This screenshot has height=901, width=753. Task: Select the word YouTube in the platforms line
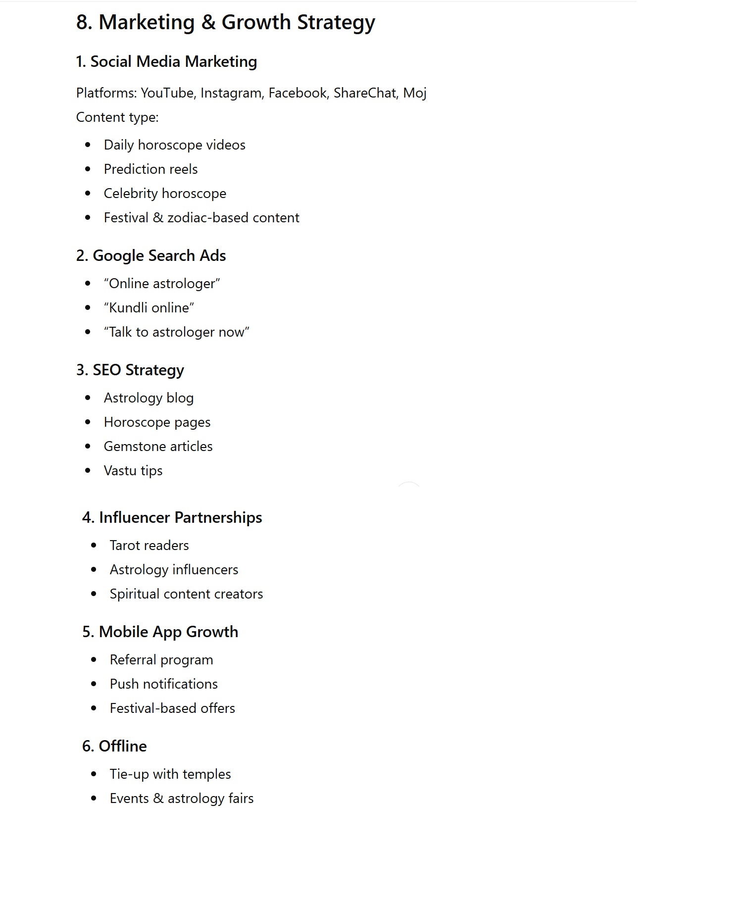tap(167, 93)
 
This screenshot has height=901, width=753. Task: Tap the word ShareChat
tap(365, 93)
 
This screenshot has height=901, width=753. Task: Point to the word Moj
tap(414, 93)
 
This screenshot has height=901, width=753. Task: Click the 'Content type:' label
tap(117, 117)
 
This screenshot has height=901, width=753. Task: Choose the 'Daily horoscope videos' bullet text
tap(174, 145)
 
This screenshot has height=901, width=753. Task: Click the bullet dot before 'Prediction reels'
tap(88, 169)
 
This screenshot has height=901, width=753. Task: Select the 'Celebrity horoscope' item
tap(165, 194)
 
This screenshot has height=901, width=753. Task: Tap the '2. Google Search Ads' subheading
tap(151, 256)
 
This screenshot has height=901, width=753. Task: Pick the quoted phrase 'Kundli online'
tap(149, 308)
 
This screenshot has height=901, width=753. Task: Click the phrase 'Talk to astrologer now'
tap(176, 332)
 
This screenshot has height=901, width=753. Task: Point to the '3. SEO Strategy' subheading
tap(130, 370)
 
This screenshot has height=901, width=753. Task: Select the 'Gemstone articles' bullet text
tap(158, 447)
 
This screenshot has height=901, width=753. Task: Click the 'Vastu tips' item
tap(133, 471)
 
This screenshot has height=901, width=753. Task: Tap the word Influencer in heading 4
tap(134, 518)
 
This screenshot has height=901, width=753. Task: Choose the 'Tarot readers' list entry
tap(149, 546)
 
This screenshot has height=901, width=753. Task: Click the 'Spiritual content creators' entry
tap(186, 594)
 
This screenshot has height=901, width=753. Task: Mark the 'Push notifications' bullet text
tap(163, 684)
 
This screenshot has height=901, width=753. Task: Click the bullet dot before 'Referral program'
tap(94, 660)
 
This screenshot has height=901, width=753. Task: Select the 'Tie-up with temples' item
tap(170, 774)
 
